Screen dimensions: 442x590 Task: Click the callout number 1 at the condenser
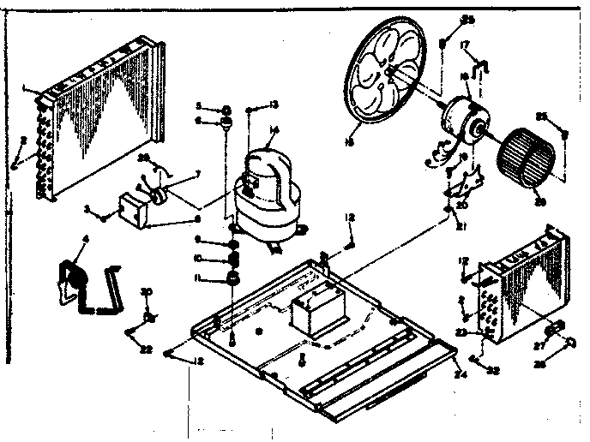(27, 87)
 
